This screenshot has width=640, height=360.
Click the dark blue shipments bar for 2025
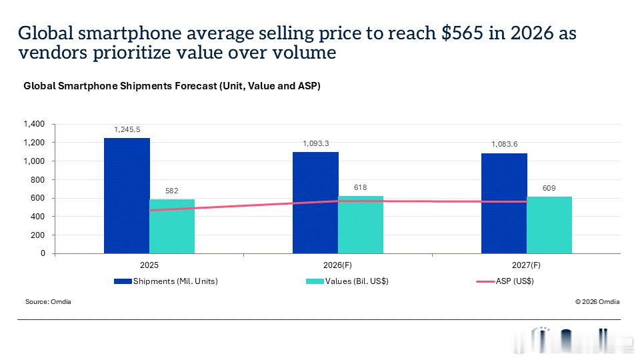127,196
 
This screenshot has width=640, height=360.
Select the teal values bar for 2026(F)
361,225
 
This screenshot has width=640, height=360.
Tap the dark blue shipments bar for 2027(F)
504,204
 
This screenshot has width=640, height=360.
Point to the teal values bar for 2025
172,227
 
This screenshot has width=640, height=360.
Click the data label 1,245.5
127,129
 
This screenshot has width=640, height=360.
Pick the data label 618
361,187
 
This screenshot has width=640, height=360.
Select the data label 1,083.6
505,144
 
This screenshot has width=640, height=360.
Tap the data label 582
172,191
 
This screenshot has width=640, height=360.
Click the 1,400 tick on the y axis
34,124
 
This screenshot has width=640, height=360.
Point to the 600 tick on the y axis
38,198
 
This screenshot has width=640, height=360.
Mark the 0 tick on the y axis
43,253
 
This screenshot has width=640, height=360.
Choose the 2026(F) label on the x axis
337,265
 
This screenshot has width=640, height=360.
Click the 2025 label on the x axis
149,265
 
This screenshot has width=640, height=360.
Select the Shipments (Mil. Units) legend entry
166,281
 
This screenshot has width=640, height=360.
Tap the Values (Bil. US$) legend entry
347,281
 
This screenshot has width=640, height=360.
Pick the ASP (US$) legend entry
505,281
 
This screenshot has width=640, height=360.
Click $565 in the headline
462,33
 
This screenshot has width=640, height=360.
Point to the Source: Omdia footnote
48,301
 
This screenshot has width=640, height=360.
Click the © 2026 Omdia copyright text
597,301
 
